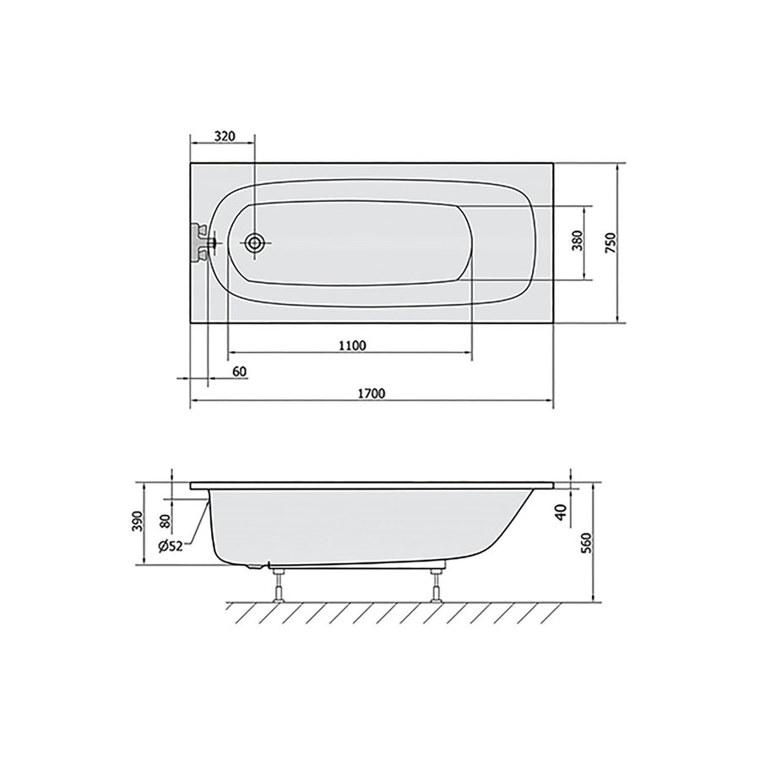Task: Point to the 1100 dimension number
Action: [x=350, y=345]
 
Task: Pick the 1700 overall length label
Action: [x=372, y=394]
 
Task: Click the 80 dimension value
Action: [x=165, y=514]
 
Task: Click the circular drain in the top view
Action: [x=255, y=243]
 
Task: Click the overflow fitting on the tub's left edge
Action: [x=201, y=243]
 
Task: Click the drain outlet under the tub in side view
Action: [x=256, y=565]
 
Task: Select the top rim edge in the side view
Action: [x=372, y=486]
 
